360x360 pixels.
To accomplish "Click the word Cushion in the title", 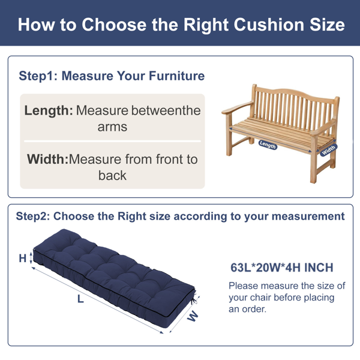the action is [269, 25].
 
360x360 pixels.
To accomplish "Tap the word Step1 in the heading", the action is [38, 76].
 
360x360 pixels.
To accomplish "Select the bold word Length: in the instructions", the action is [49, 110].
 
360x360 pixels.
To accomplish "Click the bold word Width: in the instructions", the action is [48, 159].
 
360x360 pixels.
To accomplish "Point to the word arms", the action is [112, 127].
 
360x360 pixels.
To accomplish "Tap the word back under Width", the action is [112, 176].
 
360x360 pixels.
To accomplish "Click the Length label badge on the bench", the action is [268, 145].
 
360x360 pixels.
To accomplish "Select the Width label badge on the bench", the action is [329, 150].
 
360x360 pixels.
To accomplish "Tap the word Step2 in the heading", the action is [33, 216].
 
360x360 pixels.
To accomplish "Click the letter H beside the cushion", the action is [23, 259].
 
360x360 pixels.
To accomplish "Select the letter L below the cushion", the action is [80, 299].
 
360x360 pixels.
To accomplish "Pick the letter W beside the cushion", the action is [193, 316].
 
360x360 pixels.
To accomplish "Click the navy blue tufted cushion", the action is [114, 277].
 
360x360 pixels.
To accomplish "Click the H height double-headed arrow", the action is [31, 259].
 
